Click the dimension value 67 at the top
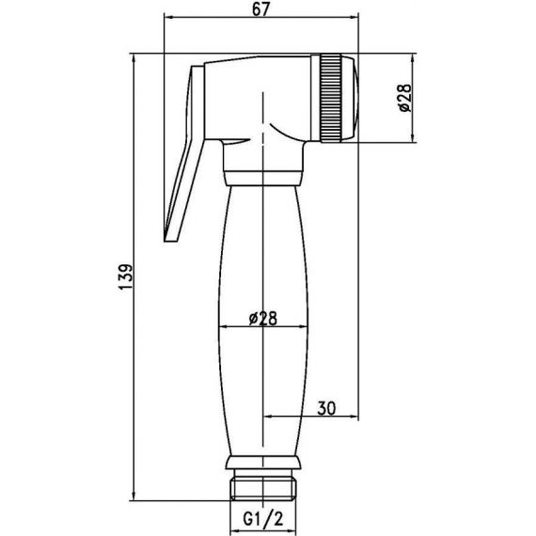tap(261, 10)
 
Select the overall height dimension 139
tap(125, 276)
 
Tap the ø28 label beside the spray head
tap(405, 98)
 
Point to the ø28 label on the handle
tap(263, 318)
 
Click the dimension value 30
tap(326, 408)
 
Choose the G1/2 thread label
tap(263, 520)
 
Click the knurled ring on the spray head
tap(331, 98)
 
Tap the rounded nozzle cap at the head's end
tap(351, 98)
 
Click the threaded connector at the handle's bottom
tap(262, 484)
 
